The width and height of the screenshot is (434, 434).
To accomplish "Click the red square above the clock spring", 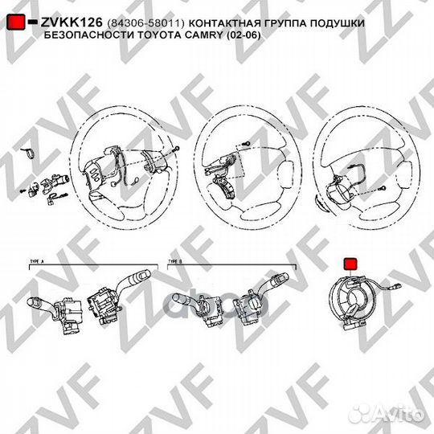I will [351, 264].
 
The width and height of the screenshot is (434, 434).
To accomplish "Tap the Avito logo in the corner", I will [401, 416].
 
